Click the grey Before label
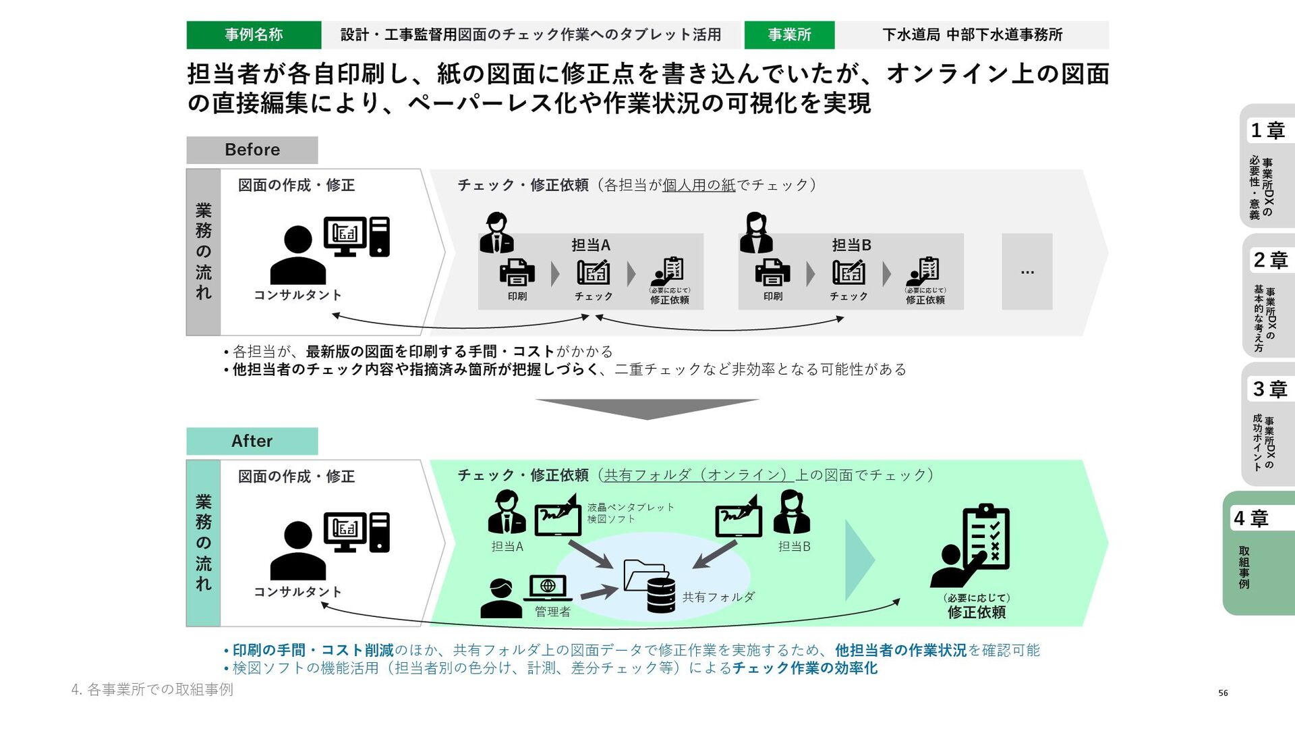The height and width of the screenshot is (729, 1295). (252, 150)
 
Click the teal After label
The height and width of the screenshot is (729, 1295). (252, 441)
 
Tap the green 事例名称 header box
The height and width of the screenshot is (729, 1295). (254, 35)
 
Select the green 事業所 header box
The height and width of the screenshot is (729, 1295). (789, 35)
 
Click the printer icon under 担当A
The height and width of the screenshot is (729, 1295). (517, 272)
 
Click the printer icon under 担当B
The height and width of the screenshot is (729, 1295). (772, 272)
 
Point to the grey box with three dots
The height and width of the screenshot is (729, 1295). (1027, 271)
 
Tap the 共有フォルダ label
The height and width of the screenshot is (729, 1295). (718, 597)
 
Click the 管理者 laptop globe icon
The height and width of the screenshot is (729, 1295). (548, 587)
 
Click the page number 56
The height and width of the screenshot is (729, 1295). (1223, 693)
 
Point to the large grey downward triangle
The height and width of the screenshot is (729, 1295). (647, 408)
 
